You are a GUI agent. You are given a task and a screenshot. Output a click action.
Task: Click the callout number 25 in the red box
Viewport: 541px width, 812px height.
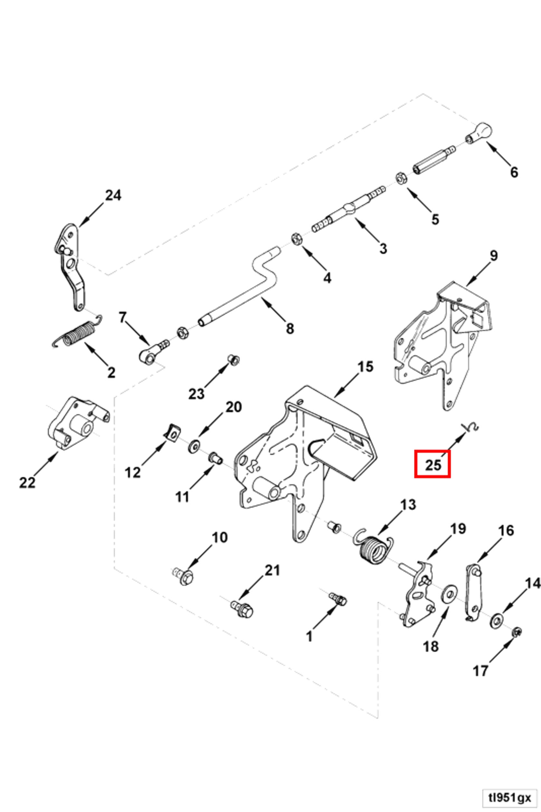(x=433, y=465)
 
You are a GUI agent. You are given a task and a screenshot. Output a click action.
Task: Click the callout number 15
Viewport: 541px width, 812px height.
(x=365, y=367)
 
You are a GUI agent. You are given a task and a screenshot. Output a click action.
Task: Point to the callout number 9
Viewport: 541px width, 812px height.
(x=494, y=256)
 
